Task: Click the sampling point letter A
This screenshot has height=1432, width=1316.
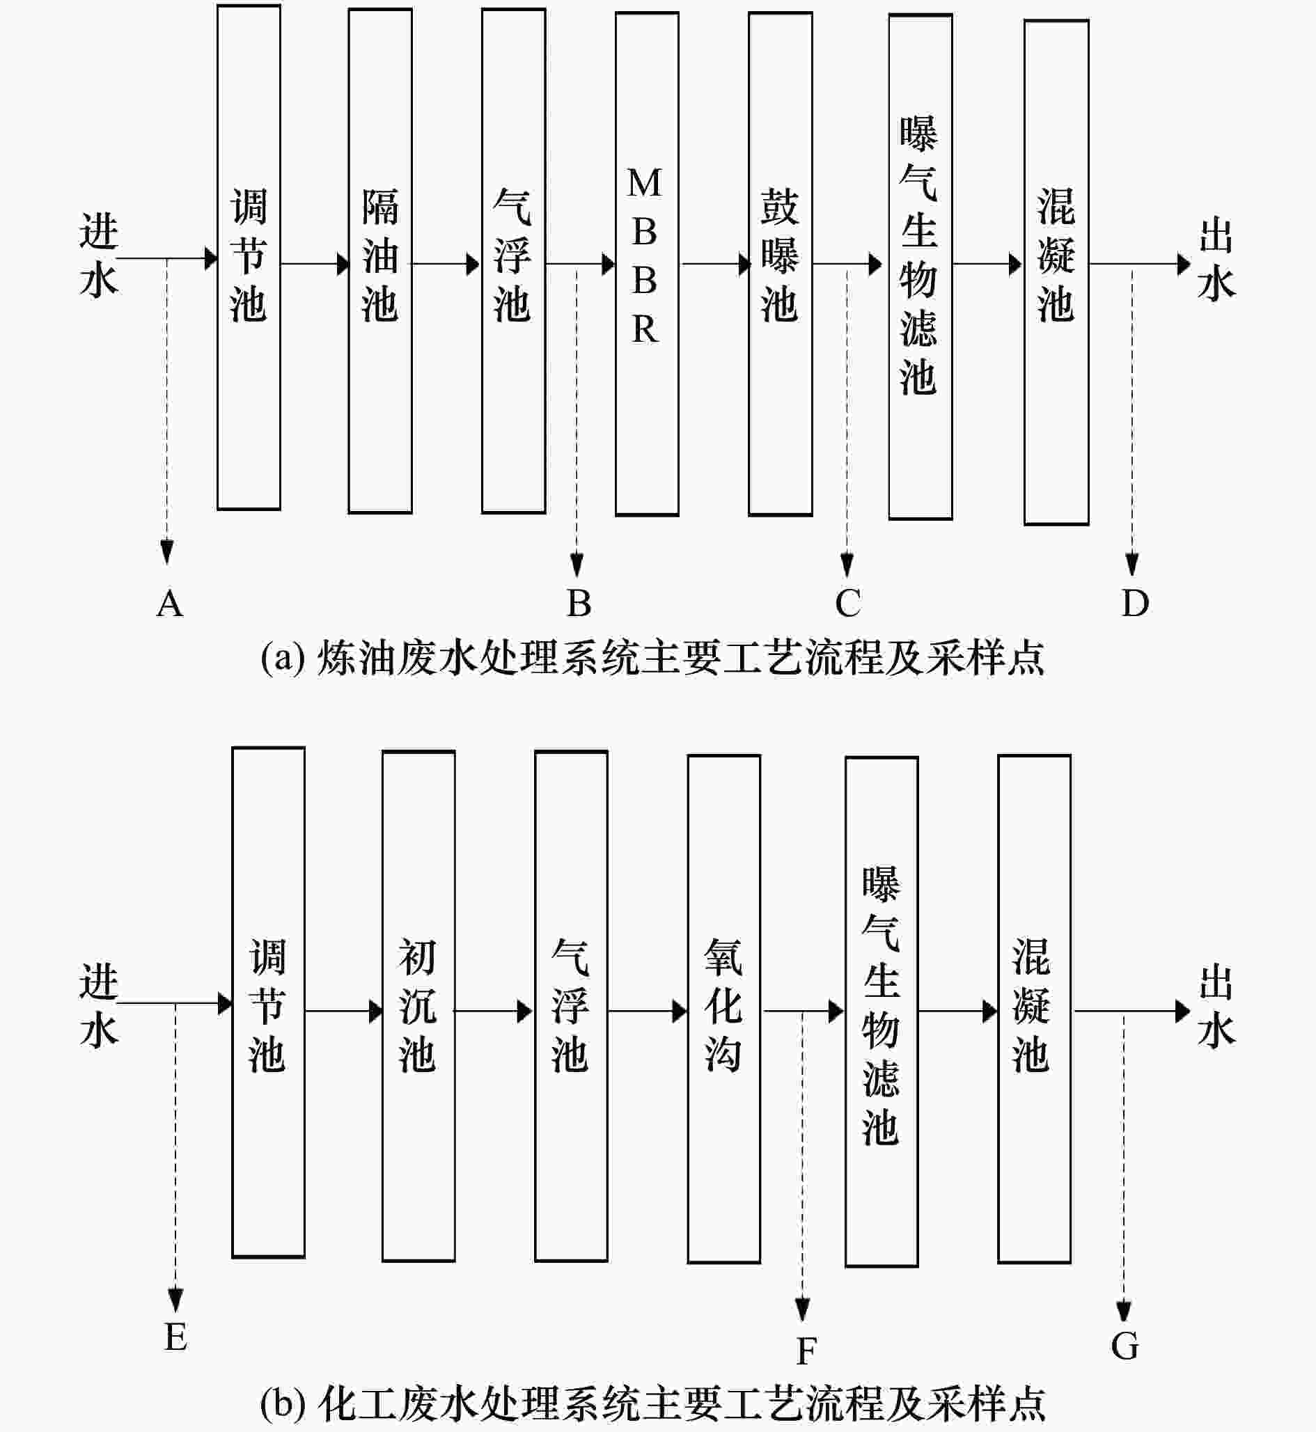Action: tap(169, 604)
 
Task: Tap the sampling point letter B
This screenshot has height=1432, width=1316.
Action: tap(579, 603)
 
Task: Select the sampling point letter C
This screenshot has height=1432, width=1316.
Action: tap(847, 603)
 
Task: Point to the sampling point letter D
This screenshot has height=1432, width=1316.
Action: tap(1135, 603)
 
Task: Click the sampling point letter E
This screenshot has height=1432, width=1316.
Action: tap(176, 1337)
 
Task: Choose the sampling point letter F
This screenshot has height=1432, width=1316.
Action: tap(806, 1351)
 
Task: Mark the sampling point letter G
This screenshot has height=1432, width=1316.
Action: tap(1125, 1346)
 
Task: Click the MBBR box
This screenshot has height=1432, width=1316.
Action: tap(647, 263)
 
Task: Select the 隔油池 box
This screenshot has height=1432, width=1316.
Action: tap(379, 260)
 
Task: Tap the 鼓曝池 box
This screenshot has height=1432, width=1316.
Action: tap(780, 263)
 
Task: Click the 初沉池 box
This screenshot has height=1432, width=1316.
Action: tap(418, 1007)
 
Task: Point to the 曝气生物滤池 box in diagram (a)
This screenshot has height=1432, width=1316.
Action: tap(920, 267)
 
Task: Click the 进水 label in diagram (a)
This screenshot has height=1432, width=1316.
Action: tap(98, 255)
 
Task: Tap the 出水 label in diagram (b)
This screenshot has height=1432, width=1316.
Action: tap(1216, 1006)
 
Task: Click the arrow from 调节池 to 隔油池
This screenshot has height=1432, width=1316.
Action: tap(314, 264)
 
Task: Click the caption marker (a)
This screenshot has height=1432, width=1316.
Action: tap(283, 657)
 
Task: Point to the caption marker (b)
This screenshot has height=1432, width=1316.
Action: tap(283, 1403)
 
